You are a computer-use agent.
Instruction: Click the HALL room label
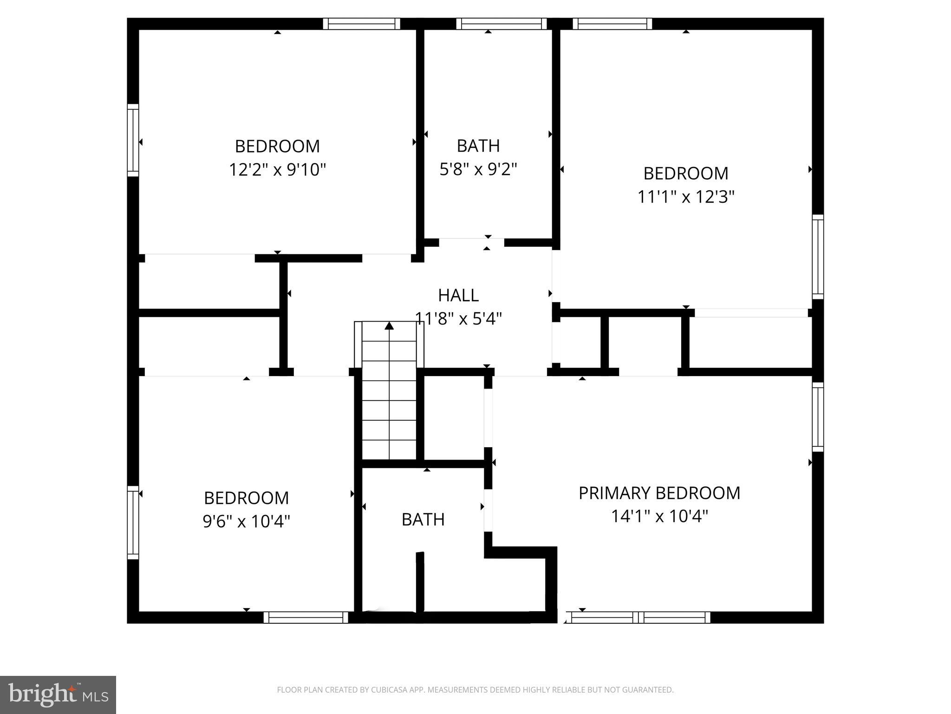(458, 295)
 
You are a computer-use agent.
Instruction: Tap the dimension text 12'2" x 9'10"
(277, 170)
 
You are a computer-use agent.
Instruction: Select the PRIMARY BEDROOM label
(659, 493)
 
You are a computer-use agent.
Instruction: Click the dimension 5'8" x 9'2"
(478, 169)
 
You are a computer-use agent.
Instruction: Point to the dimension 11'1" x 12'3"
(685, 197)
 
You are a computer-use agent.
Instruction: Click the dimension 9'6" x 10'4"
(246, 522)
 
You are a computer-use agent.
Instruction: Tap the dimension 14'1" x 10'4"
(659, 516)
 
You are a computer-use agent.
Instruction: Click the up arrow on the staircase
(389, 326)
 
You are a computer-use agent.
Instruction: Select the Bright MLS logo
(58, 695)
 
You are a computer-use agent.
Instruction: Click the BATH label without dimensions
(423, 519)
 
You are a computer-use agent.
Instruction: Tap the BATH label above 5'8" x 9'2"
(478, 146)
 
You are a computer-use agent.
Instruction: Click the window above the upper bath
(501, 24)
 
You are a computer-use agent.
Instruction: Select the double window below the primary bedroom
(638, 617)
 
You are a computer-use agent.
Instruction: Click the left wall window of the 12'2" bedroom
(133, 140)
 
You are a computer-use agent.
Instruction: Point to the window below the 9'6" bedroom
(306, 617)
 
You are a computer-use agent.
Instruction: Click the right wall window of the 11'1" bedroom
(818, 257)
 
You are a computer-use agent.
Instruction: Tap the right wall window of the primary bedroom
(818, 417)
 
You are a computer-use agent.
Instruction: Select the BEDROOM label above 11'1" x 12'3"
(685, 173)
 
